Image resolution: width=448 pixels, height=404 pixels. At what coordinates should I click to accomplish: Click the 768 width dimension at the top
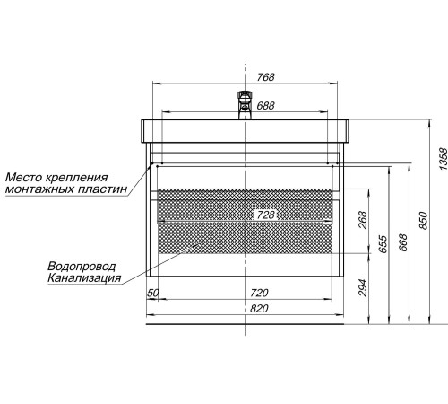click(265, 77)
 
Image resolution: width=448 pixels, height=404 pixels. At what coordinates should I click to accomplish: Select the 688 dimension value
click(265, 106)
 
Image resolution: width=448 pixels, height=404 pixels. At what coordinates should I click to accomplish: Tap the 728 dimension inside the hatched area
click(265, 215)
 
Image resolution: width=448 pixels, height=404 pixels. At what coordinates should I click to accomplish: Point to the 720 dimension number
click(259, 293)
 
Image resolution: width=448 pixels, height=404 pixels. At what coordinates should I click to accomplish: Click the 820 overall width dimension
click(259, 309)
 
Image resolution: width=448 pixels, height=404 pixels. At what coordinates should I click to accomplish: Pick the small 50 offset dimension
click(153, 293)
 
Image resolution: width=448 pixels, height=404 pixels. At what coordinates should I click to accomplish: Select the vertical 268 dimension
click(362, 220)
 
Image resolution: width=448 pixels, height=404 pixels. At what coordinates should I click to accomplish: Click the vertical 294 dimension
click(362, 287)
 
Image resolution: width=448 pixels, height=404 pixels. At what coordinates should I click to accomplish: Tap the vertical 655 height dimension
click(383, 244)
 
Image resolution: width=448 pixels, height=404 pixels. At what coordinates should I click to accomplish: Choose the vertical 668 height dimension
click(403, 242)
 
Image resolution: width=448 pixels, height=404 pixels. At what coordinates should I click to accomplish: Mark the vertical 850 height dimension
click(423, 221)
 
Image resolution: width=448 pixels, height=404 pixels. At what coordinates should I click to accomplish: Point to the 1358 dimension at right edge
click(443, 159)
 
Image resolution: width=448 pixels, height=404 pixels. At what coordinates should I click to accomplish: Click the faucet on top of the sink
click(246, 105)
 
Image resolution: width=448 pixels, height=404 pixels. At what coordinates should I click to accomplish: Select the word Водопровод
click(82, 266)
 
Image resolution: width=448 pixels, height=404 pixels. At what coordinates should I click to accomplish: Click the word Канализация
click(84, 278)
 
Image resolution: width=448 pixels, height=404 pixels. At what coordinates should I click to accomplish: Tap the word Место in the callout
click(23, 177)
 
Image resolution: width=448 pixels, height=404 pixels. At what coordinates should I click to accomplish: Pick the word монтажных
click(39, 189)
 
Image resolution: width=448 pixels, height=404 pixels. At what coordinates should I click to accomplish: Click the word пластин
click(102, 189)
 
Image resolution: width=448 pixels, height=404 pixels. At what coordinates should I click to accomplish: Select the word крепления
click(76, 178)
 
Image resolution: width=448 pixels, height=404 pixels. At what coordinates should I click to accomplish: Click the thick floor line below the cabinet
click(245, 324)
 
